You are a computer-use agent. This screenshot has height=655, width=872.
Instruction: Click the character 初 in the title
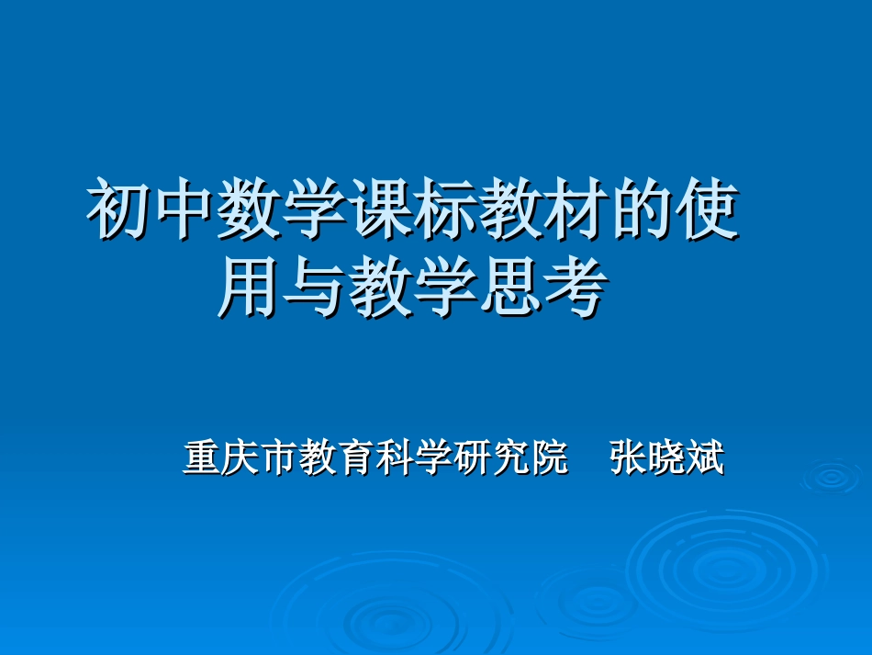click(119, 212)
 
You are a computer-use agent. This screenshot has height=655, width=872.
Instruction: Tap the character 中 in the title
click(184, 212)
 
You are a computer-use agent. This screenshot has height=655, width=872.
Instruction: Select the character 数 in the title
click(249, 212)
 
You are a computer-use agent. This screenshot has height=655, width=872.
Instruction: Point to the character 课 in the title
click(379, 212)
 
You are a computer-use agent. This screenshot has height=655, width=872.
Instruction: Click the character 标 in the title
click(444, 212)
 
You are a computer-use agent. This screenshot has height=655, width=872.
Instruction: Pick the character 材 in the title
click(575, 212)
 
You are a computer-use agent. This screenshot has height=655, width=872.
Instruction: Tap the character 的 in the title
click(640, 212)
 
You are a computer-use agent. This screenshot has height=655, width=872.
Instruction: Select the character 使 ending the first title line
click(705, 212)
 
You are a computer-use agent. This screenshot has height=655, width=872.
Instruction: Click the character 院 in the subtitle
click(551, 458)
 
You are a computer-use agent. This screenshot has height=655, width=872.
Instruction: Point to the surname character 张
click(629, 458)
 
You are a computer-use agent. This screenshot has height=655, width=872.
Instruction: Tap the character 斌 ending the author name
click(705, 458)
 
